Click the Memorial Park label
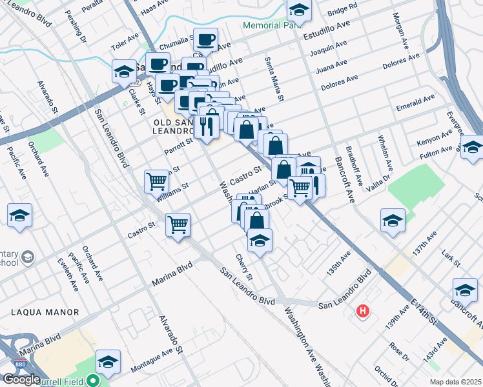coord(267,26)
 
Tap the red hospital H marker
coord(363,312)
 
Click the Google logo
coord(21,379)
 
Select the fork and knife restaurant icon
coord(207,126)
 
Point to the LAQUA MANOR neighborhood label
coord(45,312)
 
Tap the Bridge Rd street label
coord(342,9)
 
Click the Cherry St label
coord(243,267)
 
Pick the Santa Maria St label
coord(274,79)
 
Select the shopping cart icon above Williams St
coord(157,182)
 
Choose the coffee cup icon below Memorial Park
coord(206,40)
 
